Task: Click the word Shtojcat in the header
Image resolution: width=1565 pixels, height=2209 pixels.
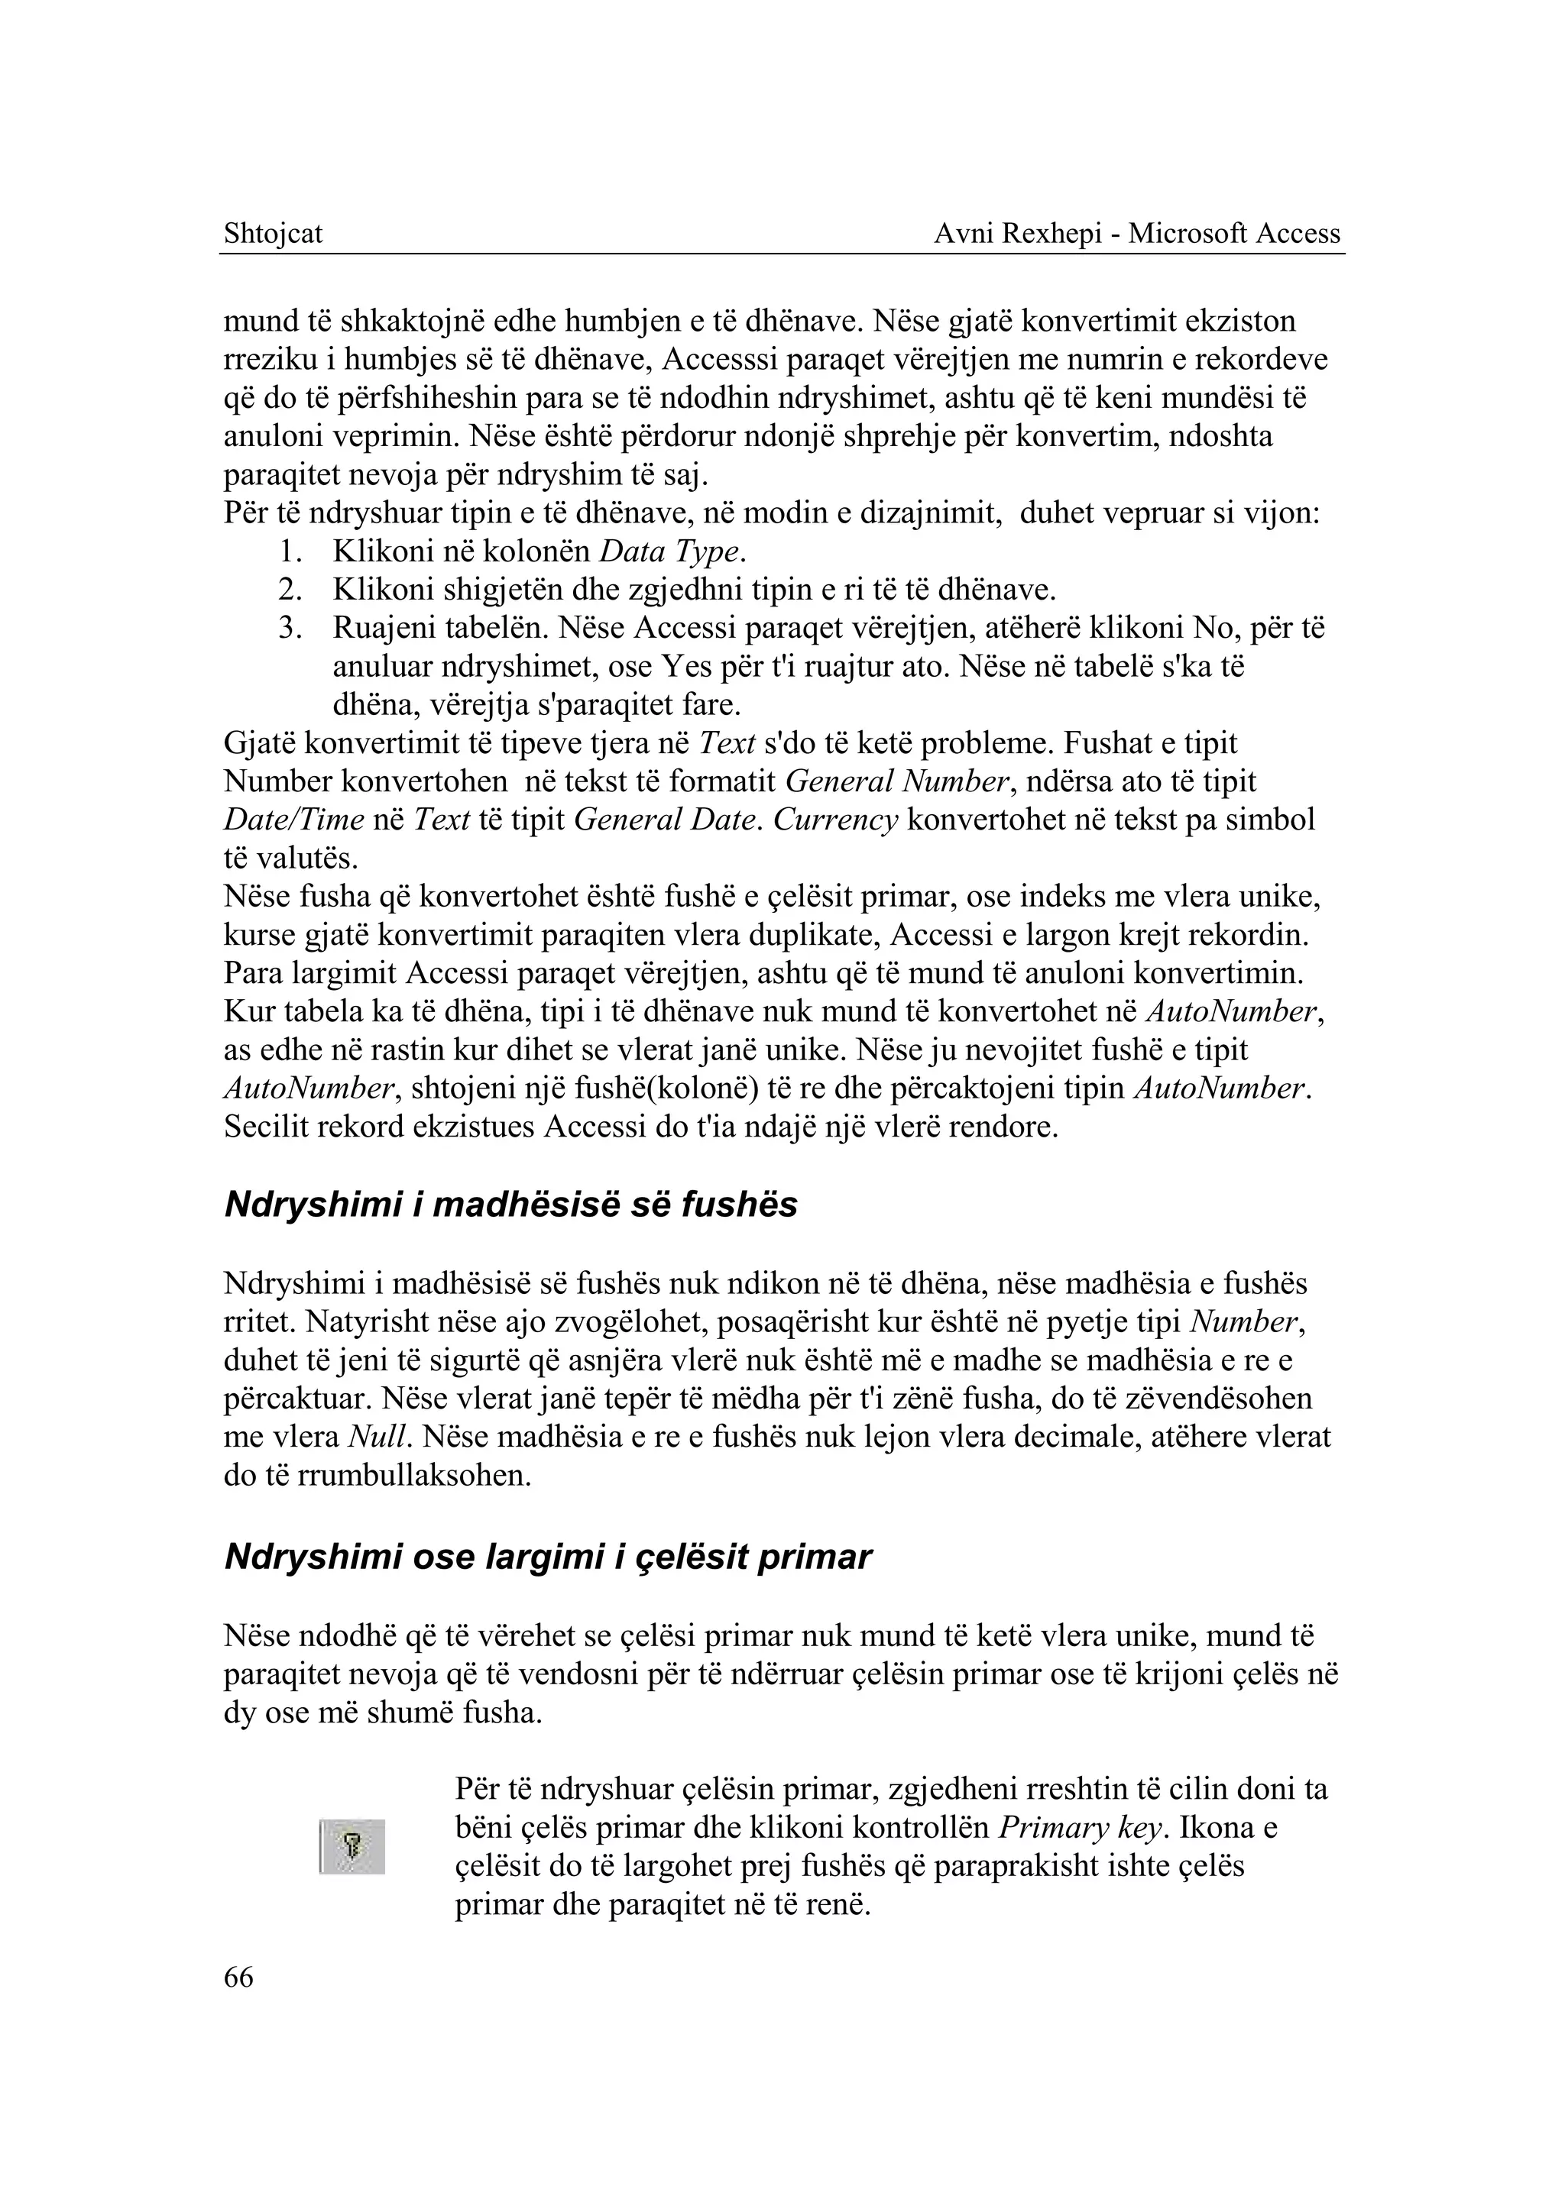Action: (273, 234)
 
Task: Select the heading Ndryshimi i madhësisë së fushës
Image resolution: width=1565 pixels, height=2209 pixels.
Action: (510, 1205)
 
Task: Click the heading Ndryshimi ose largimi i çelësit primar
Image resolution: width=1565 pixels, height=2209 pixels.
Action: (547, 1557)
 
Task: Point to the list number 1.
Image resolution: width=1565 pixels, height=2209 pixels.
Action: (290, 552)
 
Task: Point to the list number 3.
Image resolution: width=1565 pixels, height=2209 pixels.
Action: (290, 629)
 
